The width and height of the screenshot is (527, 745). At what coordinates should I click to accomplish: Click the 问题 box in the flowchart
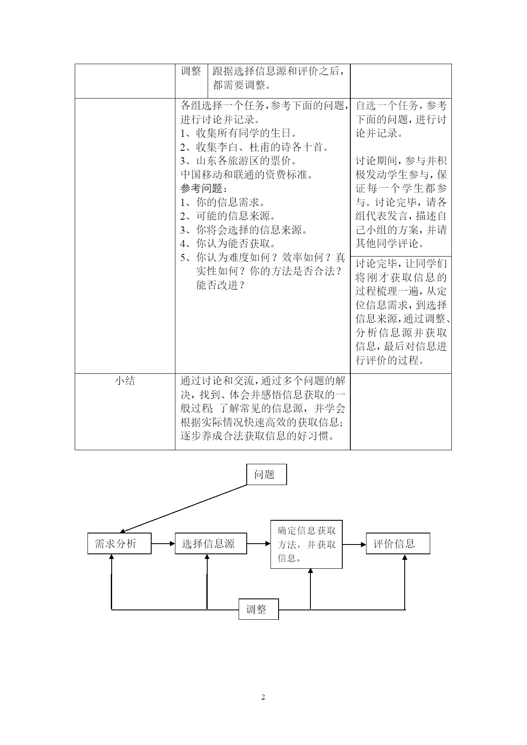pos(266,474)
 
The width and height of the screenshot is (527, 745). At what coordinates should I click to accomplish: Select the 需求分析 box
pos(119,543)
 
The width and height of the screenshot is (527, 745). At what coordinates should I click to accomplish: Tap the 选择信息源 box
pos(211,543)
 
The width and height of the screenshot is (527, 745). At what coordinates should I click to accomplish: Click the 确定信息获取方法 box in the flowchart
pos(306,544)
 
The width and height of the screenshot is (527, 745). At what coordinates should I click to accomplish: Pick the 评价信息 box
pos(398,543)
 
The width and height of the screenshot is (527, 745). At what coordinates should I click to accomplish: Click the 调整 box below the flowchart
pos(258,609)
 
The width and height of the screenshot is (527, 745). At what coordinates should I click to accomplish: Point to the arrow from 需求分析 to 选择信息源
pos(163,543)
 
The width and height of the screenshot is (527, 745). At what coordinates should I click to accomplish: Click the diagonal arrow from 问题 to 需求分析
pos(183,508)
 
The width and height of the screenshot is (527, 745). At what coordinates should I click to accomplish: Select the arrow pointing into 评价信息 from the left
pos(354,544)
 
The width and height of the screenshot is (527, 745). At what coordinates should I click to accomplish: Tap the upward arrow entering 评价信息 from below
pos(405,582)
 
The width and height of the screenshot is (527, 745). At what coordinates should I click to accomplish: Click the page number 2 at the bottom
pos(263,697)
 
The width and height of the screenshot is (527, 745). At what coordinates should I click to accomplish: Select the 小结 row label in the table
pos(125,381)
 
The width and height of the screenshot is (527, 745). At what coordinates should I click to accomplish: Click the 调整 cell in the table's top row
pos(191,71)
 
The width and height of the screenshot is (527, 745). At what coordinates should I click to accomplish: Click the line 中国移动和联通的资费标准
pos(246,175)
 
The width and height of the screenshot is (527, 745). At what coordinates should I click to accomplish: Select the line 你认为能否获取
pos(228,243)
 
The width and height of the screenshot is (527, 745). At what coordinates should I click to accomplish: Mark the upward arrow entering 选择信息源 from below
pos(207,581)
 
